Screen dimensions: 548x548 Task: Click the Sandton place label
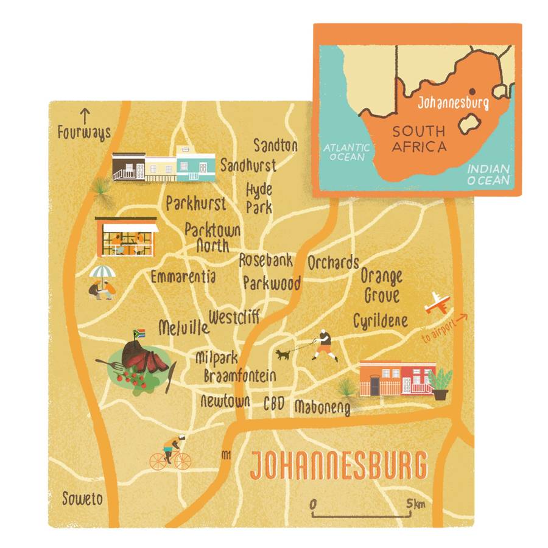tap(276, 146)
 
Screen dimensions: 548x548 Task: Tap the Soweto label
tap(82, 499)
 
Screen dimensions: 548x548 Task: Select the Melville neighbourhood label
tap(183, 328)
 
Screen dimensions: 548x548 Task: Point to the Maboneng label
tap(322, 407)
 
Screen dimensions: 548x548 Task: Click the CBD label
tap(273, 403)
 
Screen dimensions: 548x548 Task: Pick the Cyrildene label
tap(381, 320)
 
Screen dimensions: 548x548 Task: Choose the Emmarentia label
tap(183, 277)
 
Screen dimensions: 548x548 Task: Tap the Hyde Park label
tap(259, 198)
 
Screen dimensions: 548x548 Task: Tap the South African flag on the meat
tap(138, 334)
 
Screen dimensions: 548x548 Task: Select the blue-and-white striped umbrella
tap(101, 272)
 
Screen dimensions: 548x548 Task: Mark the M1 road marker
tap(227, 454)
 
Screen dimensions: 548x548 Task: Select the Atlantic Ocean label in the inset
tap(346, 152)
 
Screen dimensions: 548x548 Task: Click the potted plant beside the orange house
tap(440, 383)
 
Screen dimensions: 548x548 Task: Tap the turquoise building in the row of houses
tap(195, 163)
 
